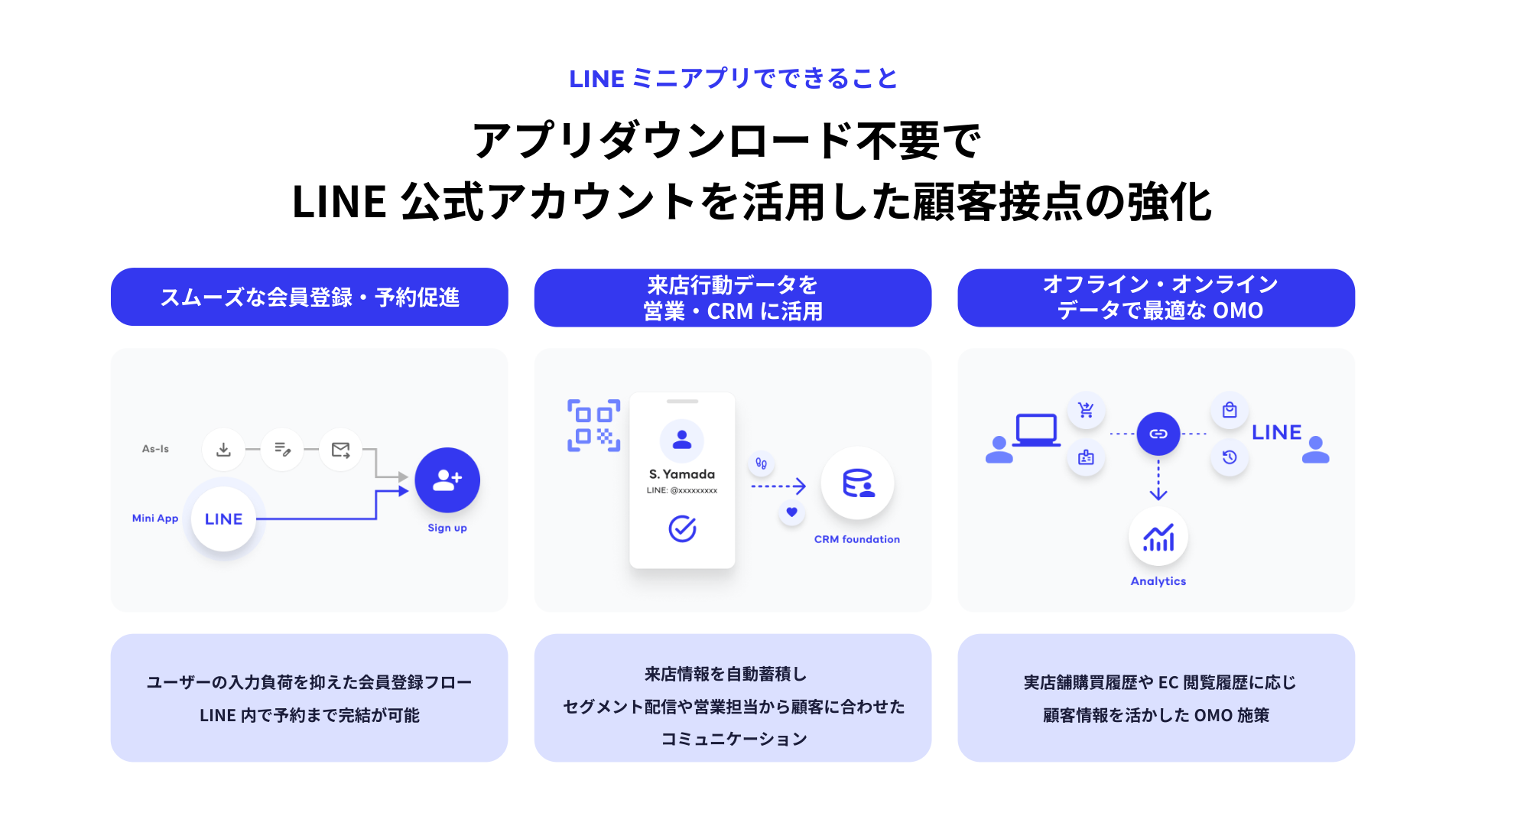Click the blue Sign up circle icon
(447, 480)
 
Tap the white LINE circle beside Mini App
(223, 519)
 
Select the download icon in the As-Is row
(223, 449)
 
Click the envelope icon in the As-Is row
(340, 449)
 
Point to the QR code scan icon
(593, 425)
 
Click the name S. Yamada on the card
(682, 474)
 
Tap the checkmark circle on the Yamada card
(682, 528)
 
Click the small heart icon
(792, 512)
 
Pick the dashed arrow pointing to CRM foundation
(778, 486)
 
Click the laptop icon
(1036, 430)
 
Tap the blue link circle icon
(1158, 434)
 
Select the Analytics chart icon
(1158, 538)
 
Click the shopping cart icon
(1086, 410)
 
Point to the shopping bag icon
(1230, 410)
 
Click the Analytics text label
(1158, 581)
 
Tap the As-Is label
(155, 449)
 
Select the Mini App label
(155, 519)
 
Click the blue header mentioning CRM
(733, 298)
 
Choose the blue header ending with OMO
(1156, 298)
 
